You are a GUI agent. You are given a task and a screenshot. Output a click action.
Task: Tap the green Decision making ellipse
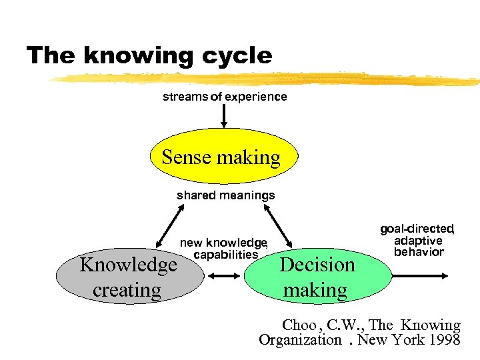[x=316, y=277]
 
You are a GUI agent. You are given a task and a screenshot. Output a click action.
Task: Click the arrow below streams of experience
[x=224, y=115]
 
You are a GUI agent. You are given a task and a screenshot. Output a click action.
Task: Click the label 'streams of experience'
[x=225, y=97]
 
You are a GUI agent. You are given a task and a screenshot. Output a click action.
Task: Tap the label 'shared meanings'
[x=225, y=195]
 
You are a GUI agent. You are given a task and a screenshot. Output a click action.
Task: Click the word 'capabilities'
[x=225, y=254]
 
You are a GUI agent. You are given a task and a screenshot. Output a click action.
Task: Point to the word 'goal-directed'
[x=417, y=229]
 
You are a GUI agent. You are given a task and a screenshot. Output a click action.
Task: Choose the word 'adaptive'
[x=418, y=240]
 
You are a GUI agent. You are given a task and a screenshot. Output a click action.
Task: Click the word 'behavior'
[x=419, y=252]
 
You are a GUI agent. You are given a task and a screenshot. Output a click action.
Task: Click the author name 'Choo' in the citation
[x=299, y=325]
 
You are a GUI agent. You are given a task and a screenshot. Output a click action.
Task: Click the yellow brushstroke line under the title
[x=267, y=79]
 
